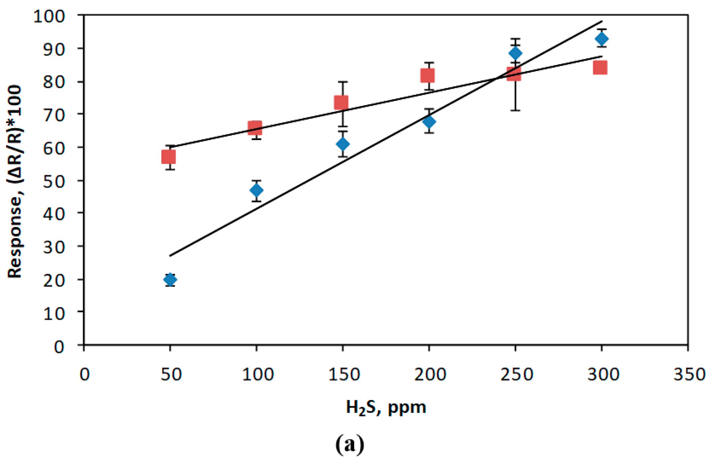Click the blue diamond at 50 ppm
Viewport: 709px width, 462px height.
point(170,279)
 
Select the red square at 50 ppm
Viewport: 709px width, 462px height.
point(168,157)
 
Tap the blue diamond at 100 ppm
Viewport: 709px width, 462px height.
point(257,190)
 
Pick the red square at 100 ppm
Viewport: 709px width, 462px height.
point(255,128)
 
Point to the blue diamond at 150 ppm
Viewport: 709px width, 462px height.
point(343,144)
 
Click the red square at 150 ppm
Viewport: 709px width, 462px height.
point(341,103)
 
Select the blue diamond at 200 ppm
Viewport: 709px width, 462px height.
point(429,121)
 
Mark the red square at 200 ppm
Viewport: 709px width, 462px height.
point(427,75)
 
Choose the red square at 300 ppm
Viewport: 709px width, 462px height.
point(600,68)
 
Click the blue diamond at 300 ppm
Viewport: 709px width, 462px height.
point(602,39)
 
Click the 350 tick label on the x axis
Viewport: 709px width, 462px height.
point(689,374)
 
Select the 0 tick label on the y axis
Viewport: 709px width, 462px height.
point(59,347)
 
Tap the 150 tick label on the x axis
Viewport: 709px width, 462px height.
point(344,374)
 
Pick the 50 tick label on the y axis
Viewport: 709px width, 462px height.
point(54,181)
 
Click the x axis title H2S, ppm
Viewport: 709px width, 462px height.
point(386,408)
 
